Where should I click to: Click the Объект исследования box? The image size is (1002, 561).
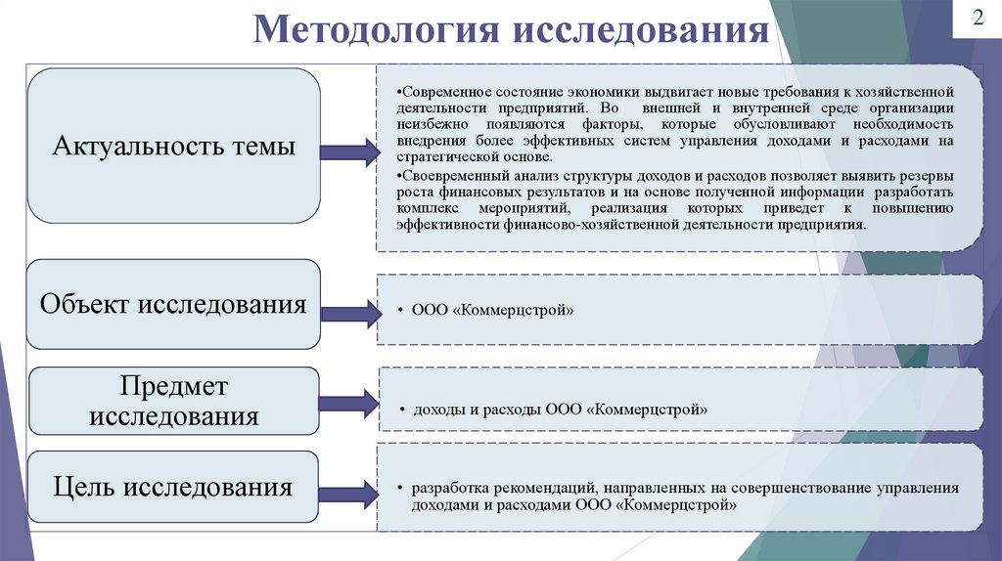tap(173, 304)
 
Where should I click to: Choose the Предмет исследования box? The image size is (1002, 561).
tap(173, 401)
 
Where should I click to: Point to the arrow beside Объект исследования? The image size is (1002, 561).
tap(349, 311)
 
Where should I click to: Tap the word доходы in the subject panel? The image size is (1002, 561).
tap(437, 410)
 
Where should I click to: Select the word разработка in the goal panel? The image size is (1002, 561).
tap(445, 488)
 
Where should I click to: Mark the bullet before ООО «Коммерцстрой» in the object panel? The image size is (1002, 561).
tap(401, 311)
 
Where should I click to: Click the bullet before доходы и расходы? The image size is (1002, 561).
tap(401, 410)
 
